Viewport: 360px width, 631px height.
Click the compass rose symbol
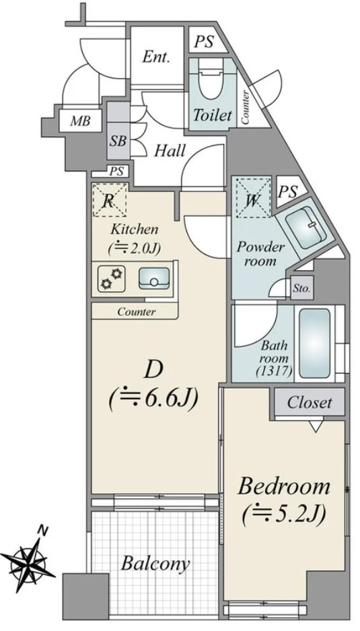[x=28, y=560]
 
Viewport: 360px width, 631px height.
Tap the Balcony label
[x=155, y=564]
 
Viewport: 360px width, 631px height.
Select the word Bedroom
[x=284, y=486]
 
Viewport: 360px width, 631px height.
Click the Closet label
[x=310, y=403]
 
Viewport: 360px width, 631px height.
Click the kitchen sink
[x=154, y=278]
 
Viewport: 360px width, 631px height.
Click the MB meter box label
[x=80, y=121]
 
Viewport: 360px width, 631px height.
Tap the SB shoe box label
[x=118, y=141]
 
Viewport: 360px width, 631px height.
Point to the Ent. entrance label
[x=155, y=57]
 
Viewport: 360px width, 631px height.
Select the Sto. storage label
[x=301, y=288]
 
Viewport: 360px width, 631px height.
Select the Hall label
[x=170, y=151]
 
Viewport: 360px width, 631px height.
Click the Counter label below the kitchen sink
[x=136, y=312]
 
